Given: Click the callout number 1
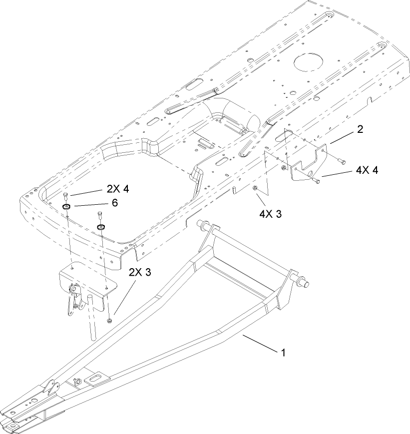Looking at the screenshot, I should (283, 353).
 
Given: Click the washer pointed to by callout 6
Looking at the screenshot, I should (66, 206).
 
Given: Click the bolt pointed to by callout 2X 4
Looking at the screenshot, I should (66, 195).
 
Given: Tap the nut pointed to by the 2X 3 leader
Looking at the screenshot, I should (109, 319).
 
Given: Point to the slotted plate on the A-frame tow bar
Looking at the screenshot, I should (94, 379).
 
